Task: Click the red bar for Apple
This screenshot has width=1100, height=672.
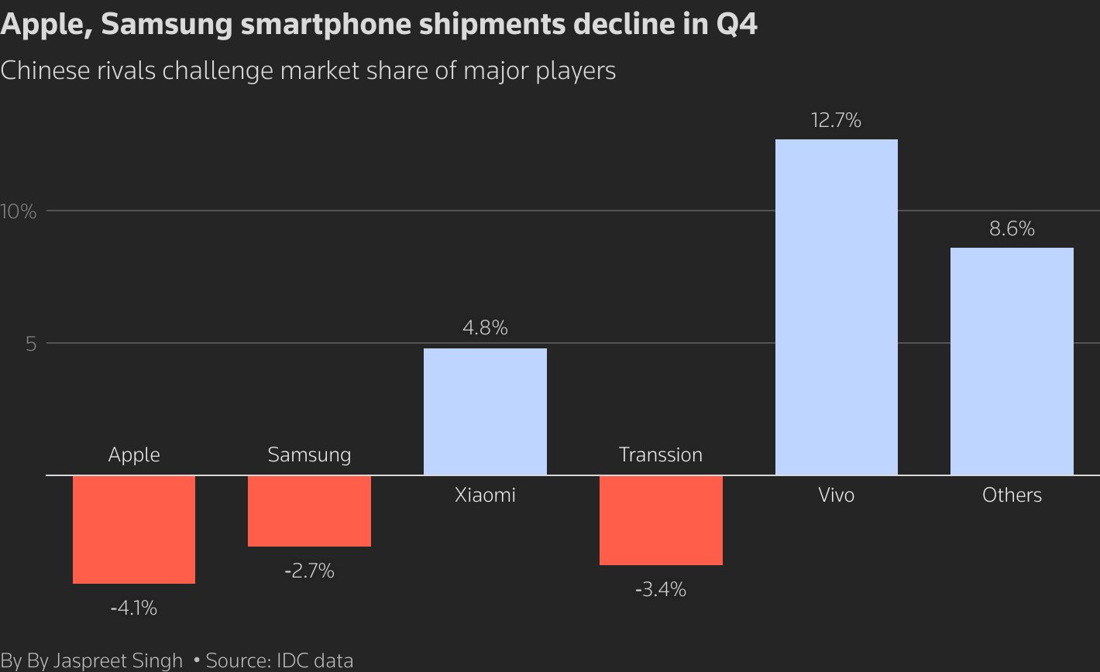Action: point(134,529)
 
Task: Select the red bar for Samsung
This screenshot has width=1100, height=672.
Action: point(309,511)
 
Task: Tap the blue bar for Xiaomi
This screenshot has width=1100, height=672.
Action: point(485,411)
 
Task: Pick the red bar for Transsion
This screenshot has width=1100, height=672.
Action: point(661,520)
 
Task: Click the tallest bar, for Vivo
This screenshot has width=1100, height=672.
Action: point(837,307)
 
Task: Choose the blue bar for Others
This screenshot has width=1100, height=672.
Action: point(1012,361)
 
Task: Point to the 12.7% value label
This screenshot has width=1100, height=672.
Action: point(837,121)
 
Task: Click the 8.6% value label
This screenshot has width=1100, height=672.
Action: point(1012,229)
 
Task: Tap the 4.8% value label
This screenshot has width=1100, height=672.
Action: point(485,328)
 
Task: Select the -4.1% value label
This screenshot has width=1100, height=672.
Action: point(134,609)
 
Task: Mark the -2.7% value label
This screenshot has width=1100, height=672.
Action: point(309,571)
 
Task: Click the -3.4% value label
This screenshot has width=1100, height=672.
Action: point(661,590)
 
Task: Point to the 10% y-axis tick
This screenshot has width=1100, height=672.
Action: point(19,211)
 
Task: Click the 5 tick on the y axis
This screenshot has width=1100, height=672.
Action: point(31,343)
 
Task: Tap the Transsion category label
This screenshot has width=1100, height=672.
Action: point(661,454)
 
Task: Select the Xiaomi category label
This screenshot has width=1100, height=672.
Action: point(485,495)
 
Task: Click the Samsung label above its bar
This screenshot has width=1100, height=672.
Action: point(309,454)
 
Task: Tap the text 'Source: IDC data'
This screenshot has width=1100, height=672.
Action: point(279,660)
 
